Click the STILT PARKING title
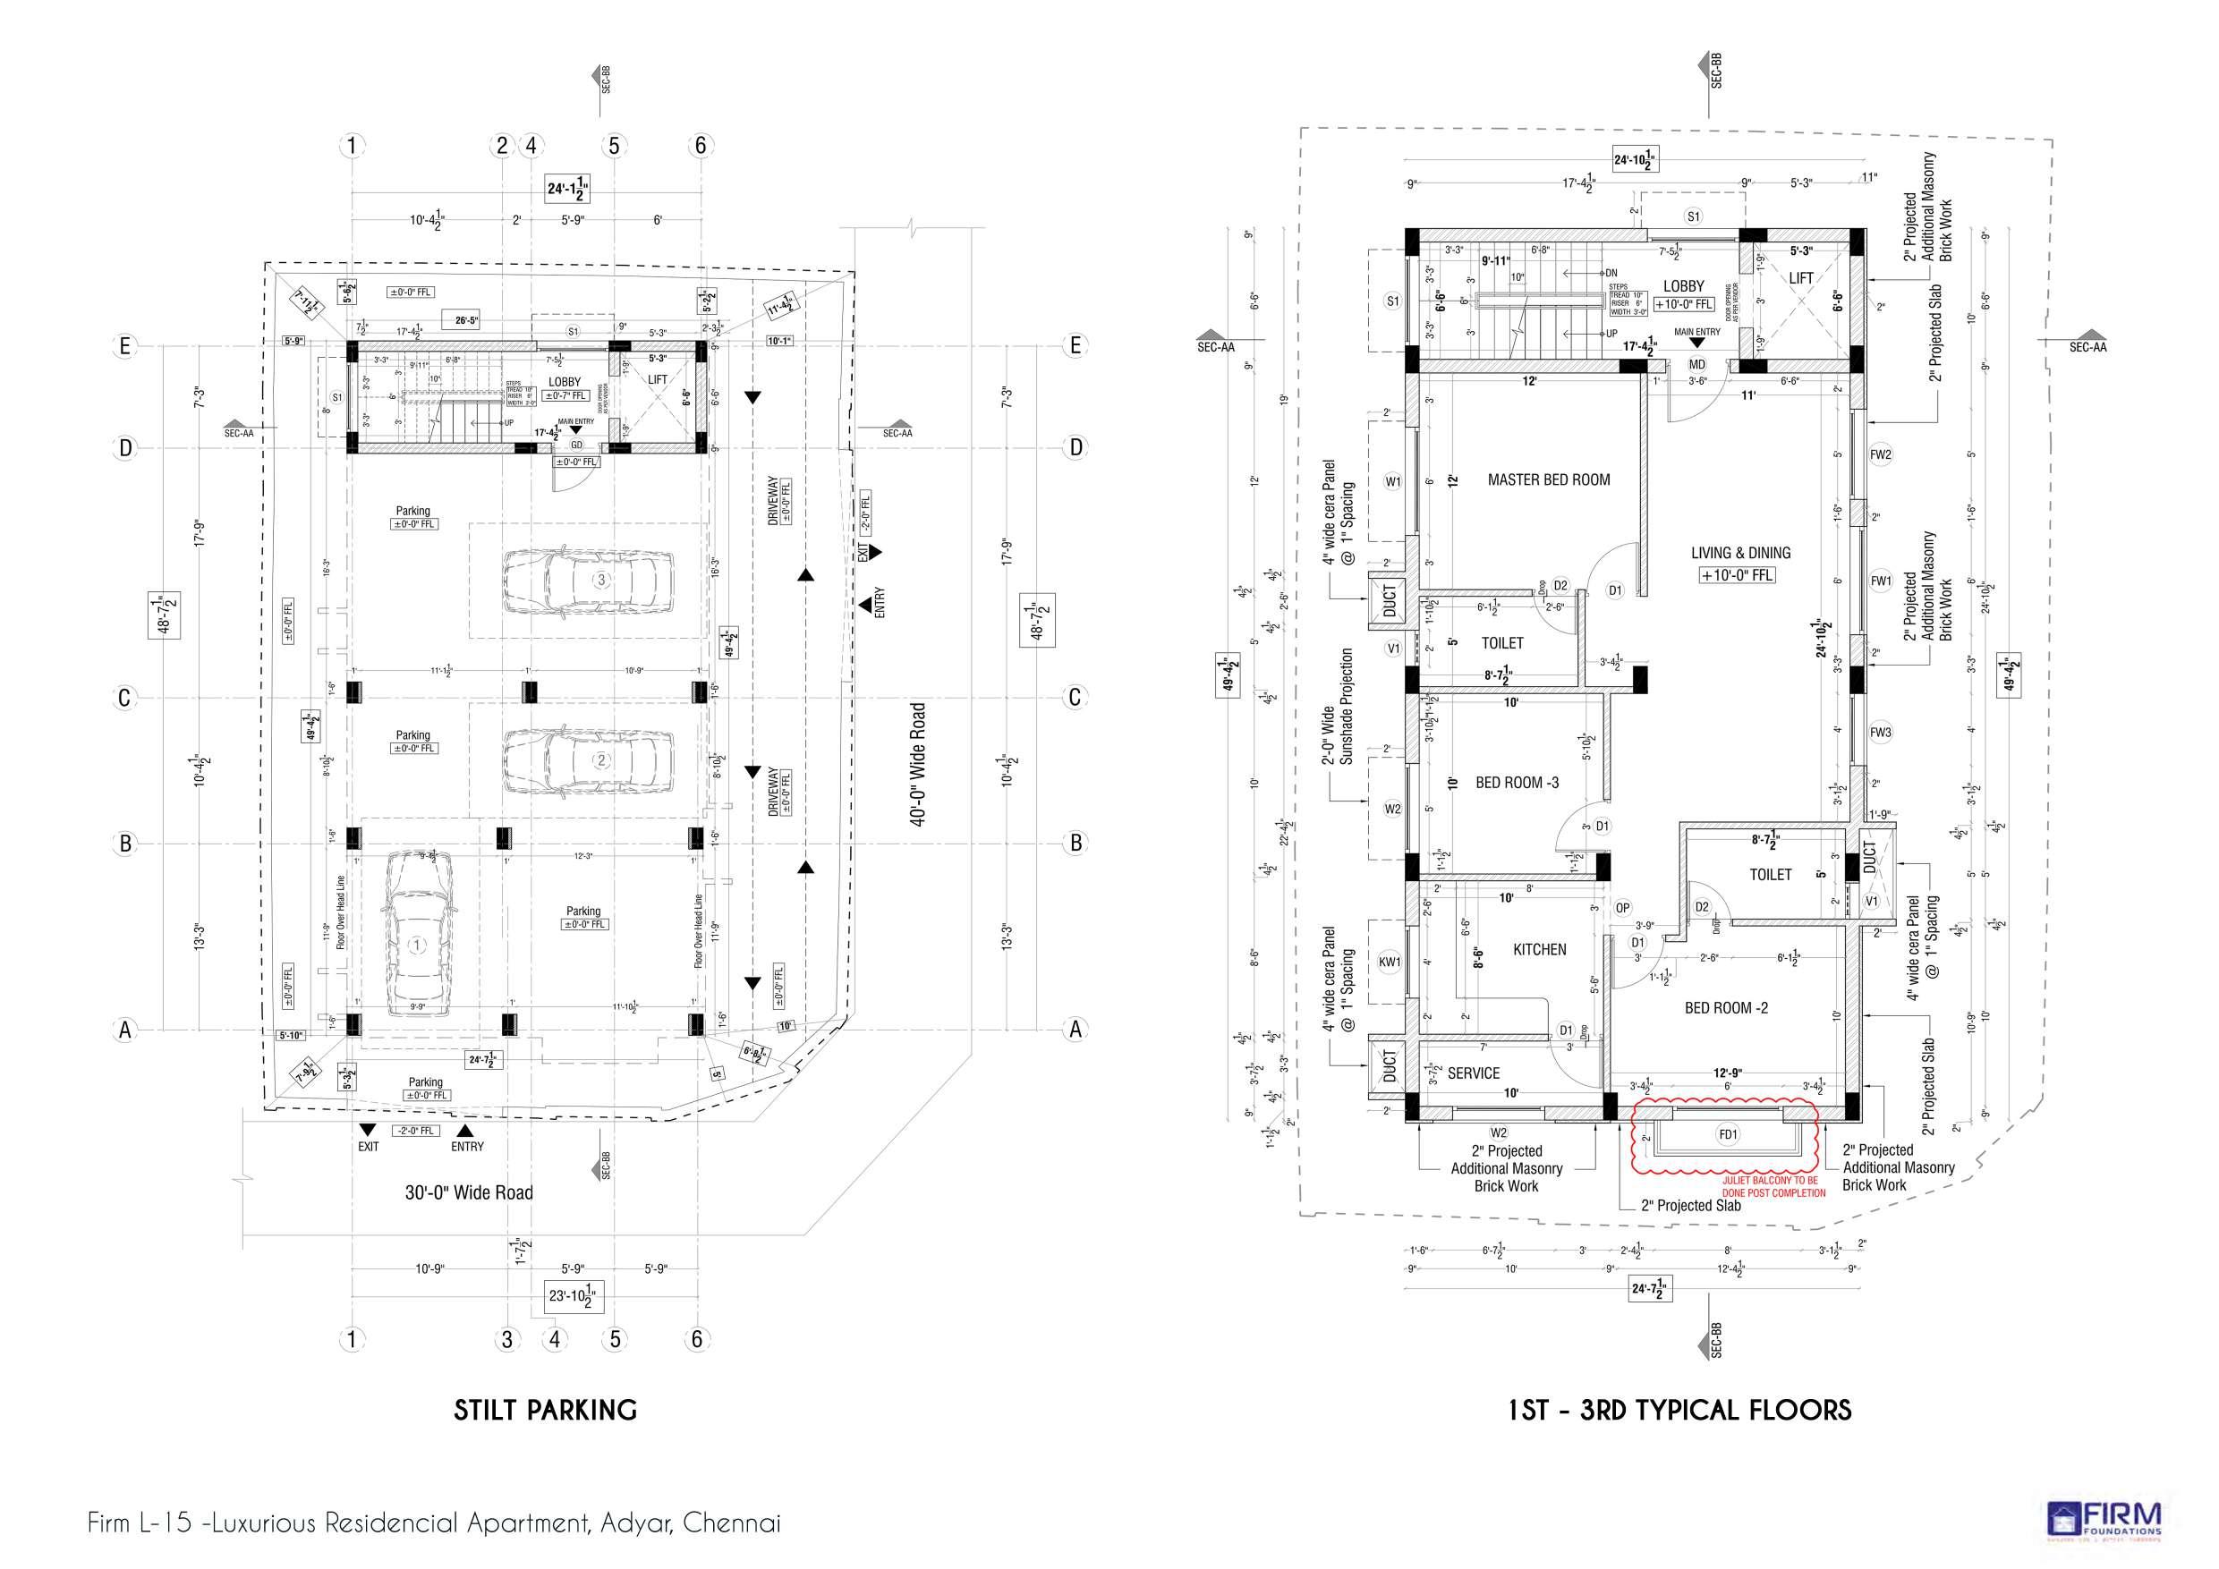coord(545,1410)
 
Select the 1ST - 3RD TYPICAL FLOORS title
coord(1679,1410)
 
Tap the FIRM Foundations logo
coord(2103,1519)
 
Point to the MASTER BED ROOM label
coord(1548,479)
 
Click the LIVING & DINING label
coord(1739,553)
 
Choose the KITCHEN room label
coord(1540,950)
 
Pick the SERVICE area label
coord(1473,1073)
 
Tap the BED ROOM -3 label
coord(1517,783)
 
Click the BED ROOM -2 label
coord(1726,1007)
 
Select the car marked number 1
coord(418,934)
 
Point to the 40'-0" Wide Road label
coord(917,763)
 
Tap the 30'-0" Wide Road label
coord(469,1192)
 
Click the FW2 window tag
coord(1880,455)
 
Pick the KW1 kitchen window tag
coord(1390,963)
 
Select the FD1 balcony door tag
coord(1727,1134)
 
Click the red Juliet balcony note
coord(1773,1186)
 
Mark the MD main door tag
coord(1697,364)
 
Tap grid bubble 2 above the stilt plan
coord(502,146)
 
